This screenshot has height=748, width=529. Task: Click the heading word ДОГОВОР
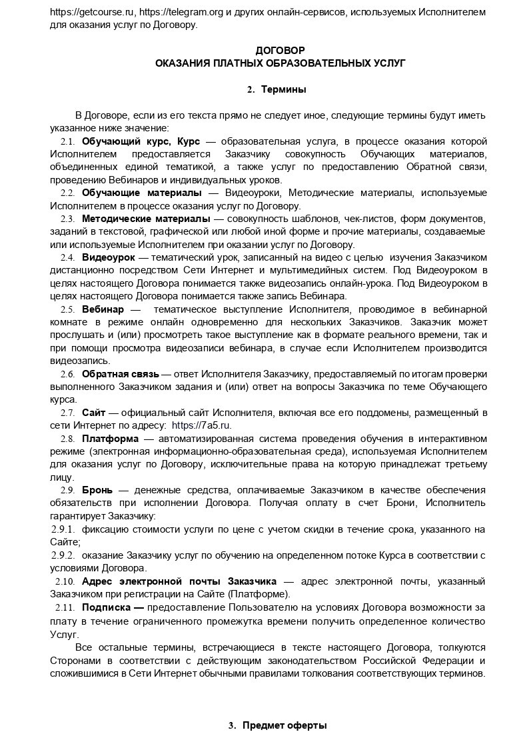click(x=280, y=50)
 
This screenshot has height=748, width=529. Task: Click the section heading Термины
click(x=284, y=89)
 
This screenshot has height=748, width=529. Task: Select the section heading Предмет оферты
click(x=284, y=725)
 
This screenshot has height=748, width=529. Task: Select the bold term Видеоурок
click(x=109, y=257)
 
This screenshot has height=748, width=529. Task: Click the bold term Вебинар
click(x=103, y=309)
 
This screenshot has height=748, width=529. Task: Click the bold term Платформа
click(x=110, y=438)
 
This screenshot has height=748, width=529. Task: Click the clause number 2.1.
click(x=67, y=141)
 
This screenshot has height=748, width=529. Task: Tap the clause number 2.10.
click(x=65, y=581)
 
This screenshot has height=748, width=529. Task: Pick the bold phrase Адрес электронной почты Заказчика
click(x=179, y=581)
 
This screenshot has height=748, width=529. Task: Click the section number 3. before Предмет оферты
click(x=233, y=725)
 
